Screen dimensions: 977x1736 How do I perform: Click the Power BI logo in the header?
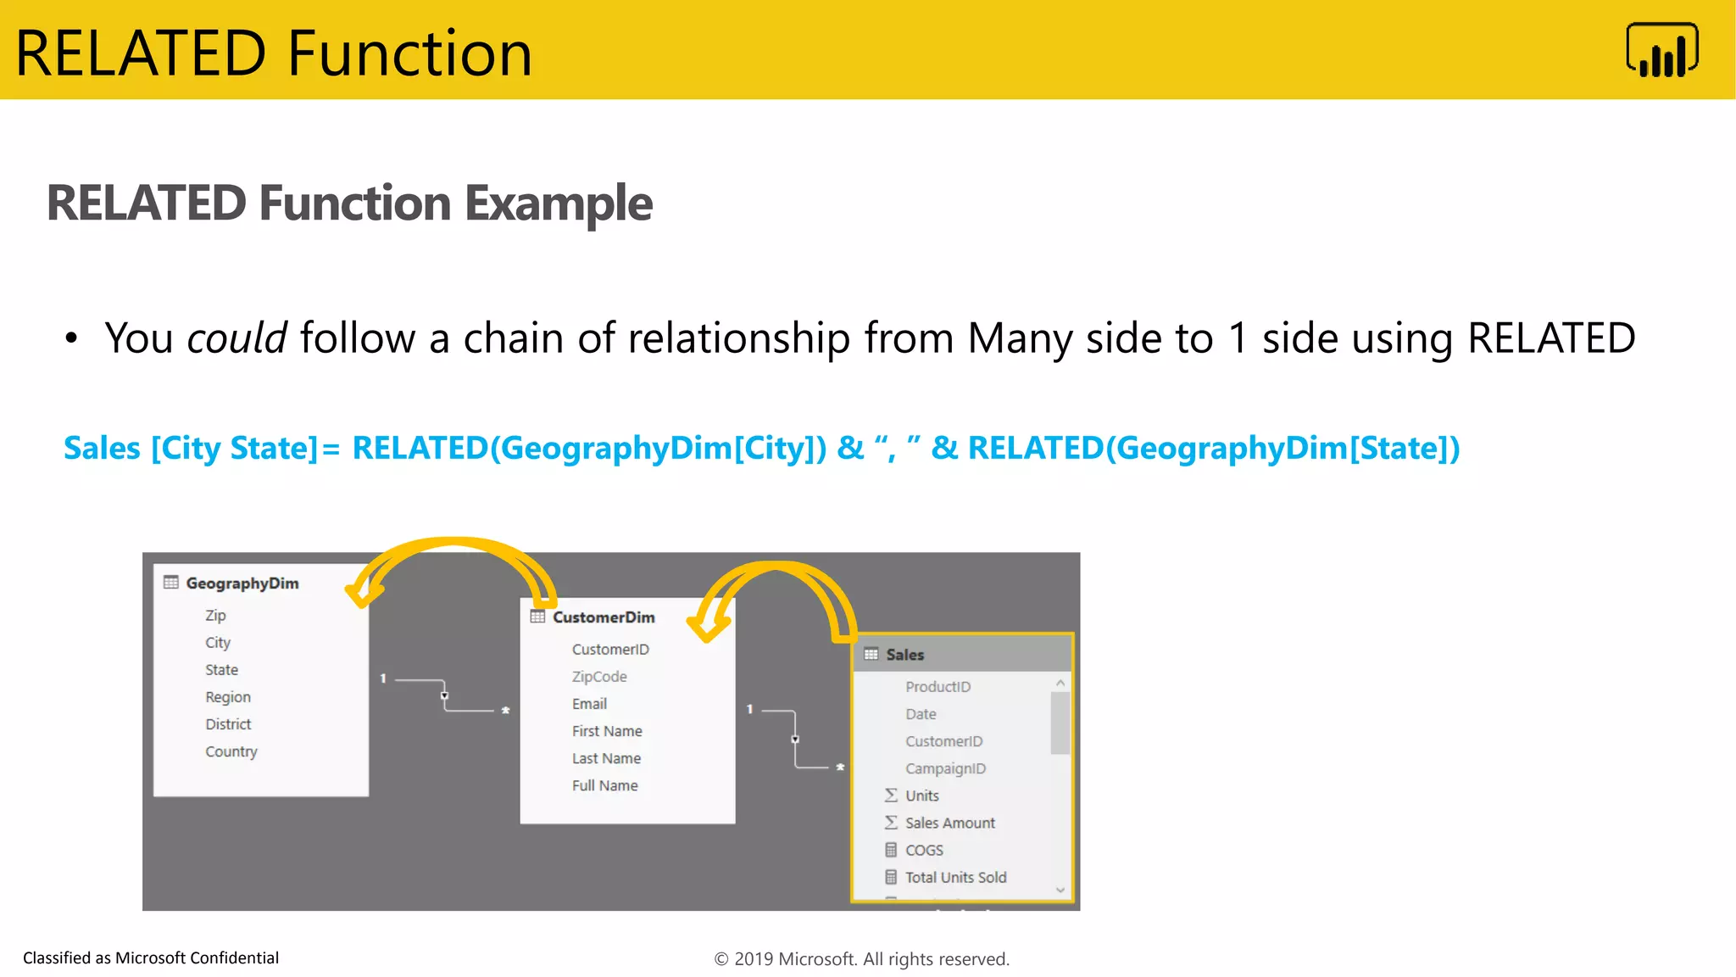(1661, 51)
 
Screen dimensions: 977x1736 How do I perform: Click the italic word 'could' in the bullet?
(237, 338)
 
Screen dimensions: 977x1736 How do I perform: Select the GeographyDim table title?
(242, 583)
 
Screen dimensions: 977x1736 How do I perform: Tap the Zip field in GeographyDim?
(215, 616)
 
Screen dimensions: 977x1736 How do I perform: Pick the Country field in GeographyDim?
(231, 751)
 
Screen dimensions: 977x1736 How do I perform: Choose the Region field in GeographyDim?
(228, 697)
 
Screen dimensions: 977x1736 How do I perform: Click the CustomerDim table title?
(604, 617)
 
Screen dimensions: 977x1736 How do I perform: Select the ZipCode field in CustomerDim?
(599, 677)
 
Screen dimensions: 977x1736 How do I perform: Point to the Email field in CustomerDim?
(589, 704)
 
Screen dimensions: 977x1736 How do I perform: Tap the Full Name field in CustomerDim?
(604, 785)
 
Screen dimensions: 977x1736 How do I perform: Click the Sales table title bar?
(962, 654)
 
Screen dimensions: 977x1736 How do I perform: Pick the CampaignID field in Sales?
(945, 768)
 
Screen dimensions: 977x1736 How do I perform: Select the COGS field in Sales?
(924, 850)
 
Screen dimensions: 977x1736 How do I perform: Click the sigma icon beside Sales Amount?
(891, 823)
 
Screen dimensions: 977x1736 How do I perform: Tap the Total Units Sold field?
(955, 877)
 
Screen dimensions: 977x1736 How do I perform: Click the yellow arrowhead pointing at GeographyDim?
(362, 593)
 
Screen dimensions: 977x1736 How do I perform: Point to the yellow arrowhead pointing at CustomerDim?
(707, 627)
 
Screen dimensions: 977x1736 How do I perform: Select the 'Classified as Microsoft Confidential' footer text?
(151, 958)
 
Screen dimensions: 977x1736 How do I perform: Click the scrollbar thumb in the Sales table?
(1060, 723)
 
